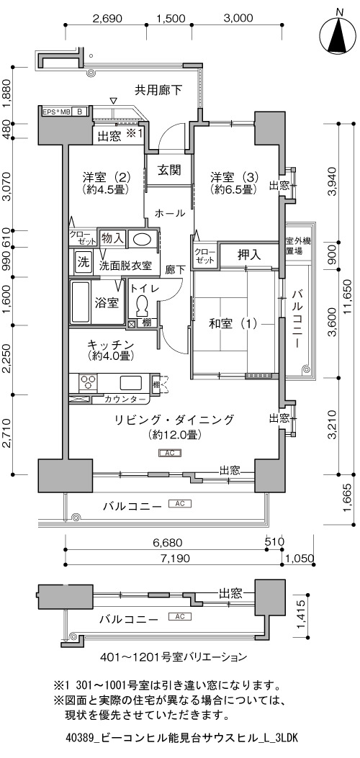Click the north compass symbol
click(x=339, y=32)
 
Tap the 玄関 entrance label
click(x=168, y=170)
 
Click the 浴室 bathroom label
click(x=107, y=303)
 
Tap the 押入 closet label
click(x=250, y=255)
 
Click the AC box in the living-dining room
click(x=170, y=453)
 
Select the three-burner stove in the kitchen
click(x=87, y=382)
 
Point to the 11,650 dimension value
click(x=352, y=297)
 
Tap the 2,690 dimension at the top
click(x=107, y=19)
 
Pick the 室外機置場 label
click(x=297, y=246)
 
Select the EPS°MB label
click(x=57, y=112)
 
